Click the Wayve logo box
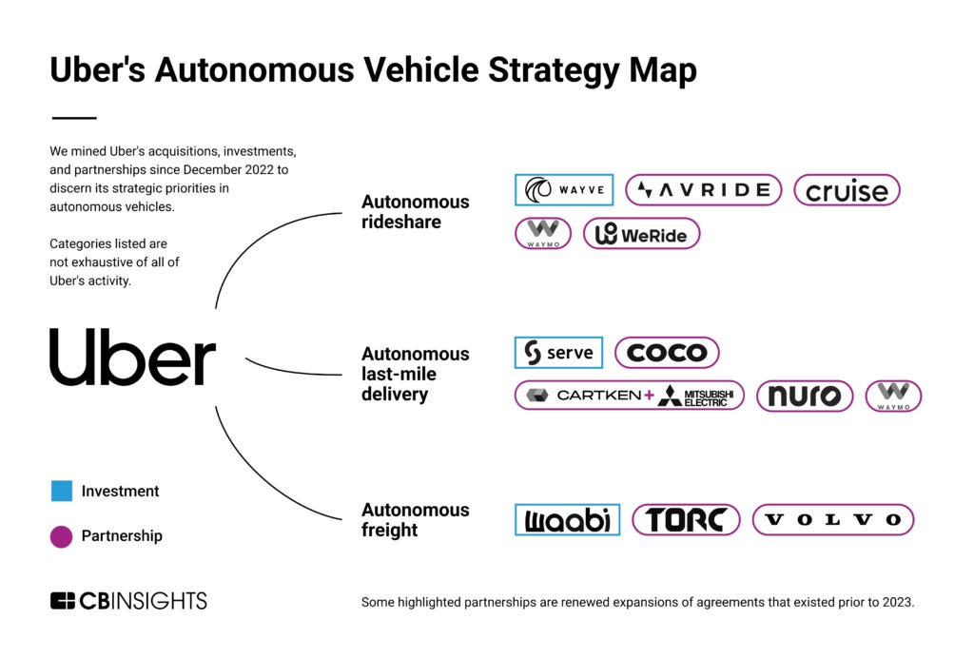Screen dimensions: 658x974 point(564,190)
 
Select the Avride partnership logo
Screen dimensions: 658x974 point(703,190)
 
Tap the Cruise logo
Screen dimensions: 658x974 point(847,190)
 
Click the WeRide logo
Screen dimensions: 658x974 point(641,234)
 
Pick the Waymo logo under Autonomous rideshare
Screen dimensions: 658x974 point(543,234)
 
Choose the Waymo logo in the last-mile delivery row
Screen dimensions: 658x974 point(893,396)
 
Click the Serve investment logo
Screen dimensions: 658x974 point(558,353)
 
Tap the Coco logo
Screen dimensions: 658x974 point(667,353)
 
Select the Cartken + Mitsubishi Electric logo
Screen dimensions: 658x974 point(630,396)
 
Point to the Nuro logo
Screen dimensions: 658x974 point(805,396)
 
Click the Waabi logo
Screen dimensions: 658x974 point(567,520)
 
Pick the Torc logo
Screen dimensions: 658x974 point(686,520)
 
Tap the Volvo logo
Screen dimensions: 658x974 point(833,520)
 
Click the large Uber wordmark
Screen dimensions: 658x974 point(132,358)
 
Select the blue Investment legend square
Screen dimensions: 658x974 point(61,492)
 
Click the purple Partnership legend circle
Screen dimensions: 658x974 point(61,536)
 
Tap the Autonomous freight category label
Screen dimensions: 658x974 point(415,520)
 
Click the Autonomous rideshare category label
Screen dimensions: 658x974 point(415,211)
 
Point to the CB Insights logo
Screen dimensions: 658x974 point(128,601)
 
